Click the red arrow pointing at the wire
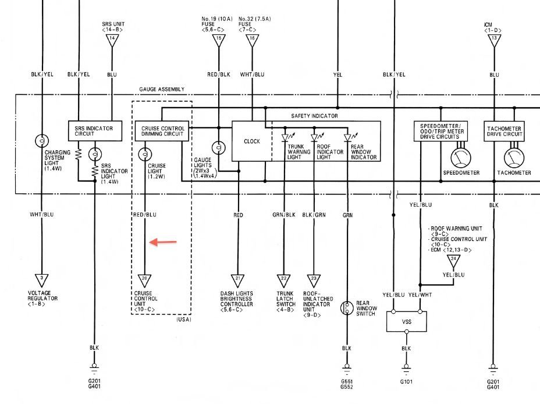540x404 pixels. [x=163, y=242]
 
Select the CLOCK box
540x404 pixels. [x=251, y=141]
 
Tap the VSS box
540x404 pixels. [x=407, y=321]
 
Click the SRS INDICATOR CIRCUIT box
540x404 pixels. [x=98, y=131]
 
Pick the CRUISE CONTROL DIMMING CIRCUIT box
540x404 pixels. [x=162, y=131]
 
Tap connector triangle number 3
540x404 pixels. [x=41, y=279]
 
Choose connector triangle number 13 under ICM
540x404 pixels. [x=494, y=39]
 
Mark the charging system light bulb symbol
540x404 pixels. [x=41, y=141]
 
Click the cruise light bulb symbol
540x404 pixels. [x=144, y=155]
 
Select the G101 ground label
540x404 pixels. [x=407, y=382]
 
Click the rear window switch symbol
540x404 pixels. [x=347, y=308]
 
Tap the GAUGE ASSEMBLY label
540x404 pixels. [x=162, y=89]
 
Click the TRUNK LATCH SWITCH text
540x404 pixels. [x=286, y=299]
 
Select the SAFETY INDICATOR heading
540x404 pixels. [x=314, y=116]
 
